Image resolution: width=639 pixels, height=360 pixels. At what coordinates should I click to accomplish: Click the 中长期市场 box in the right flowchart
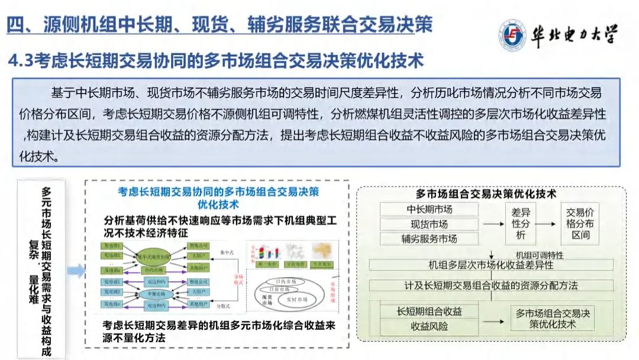[x=429, y=210]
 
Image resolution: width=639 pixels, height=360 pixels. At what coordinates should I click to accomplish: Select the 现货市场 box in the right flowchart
[x=429, y=224]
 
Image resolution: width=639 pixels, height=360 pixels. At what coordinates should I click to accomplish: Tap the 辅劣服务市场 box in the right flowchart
[x=429, y=239]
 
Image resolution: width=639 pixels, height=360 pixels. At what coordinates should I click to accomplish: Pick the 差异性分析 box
[x=521, y=224]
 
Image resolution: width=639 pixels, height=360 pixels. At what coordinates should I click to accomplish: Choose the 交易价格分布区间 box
[x=580, y=224]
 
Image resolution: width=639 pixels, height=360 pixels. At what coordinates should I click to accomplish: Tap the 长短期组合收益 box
[x=429, y=311]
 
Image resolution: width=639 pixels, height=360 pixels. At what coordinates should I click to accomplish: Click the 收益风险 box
[x=429, y=326]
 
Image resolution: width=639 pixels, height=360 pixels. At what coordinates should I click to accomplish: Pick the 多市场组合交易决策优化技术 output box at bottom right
[x=553, y=319]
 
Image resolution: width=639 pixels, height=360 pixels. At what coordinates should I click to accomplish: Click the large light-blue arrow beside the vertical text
[x=76, y=272]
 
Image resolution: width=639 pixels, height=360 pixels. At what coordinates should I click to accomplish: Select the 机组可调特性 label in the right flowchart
[x=539, y=255]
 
